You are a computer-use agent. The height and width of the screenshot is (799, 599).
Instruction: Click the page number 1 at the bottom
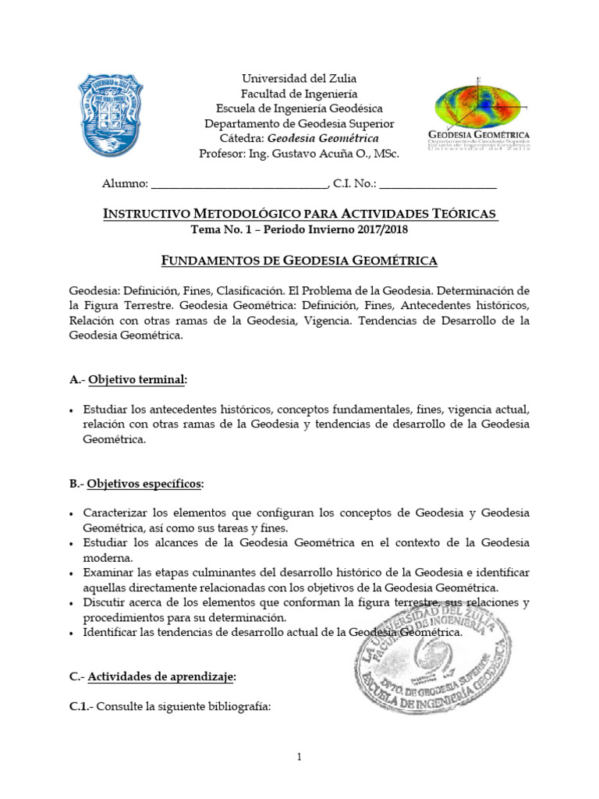[299, 757]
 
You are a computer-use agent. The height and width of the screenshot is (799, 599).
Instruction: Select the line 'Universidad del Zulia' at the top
[299, 79]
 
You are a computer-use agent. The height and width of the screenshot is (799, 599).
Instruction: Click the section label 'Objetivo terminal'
[137, 380]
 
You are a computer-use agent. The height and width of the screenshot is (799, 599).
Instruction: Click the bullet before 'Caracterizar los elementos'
[72, 514]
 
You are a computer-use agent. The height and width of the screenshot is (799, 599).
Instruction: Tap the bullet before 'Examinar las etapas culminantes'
[72, 574]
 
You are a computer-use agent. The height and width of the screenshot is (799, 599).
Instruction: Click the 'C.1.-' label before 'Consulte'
[84, 707]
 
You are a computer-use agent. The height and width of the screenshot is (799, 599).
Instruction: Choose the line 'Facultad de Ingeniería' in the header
[299, 94]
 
